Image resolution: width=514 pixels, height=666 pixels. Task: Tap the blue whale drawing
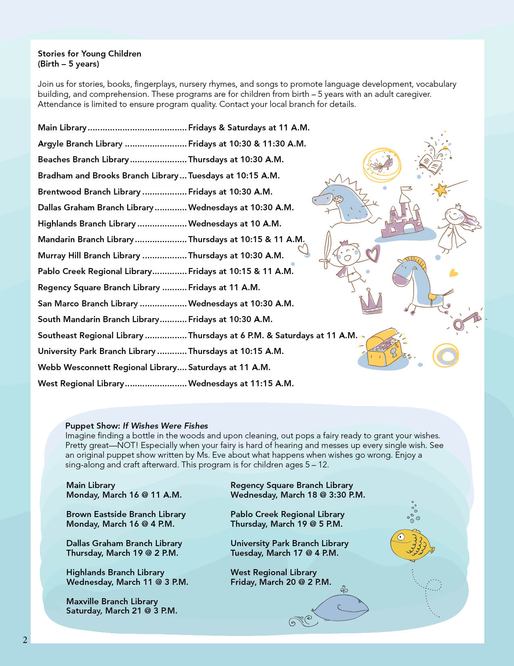click(341, 608)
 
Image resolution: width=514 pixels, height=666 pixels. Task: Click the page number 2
click(25, 639)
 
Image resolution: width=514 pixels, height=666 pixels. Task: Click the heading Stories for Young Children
click(89, 54)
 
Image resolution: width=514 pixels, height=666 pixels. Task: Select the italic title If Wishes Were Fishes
click(165, 426)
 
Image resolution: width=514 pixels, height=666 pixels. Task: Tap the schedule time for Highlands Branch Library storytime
click(235, 224)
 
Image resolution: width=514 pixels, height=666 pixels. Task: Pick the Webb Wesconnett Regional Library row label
click(107, 367)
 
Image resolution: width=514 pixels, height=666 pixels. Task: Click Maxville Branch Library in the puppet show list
click(112, 601)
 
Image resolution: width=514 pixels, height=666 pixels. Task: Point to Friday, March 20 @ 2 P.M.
click(281, 582)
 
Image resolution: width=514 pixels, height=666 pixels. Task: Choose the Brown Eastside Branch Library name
click(126, 514)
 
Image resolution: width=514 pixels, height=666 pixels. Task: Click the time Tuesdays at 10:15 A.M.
click(234, 176)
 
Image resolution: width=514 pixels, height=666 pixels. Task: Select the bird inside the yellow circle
click(385, 163)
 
